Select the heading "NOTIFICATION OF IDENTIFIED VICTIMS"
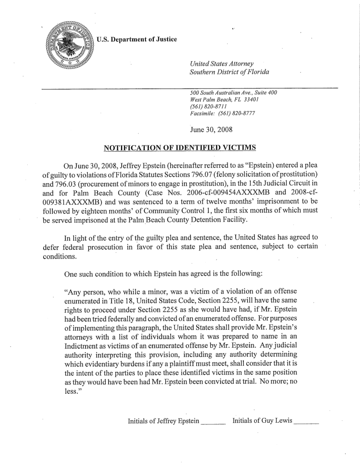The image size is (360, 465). coord(179,148)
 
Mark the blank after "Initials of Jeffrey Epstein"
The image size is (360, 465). coord(213,421)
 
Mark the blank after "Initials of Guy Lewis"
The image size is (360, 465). coord(305,421)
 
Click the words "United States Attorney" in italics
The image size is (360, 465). coord(221,63)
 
